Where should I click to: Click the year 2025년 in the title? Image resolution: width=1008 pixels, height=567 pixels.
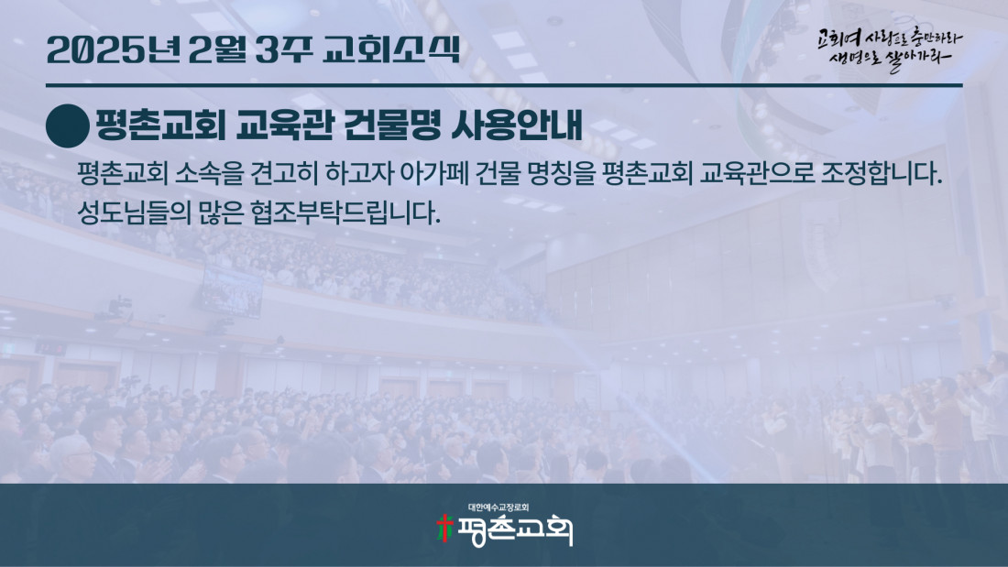pyautogui.click(x=113, y=49)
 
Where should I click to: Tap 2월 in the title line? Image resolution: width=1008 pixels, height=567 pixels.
pyautogui.click(x=217, y=49)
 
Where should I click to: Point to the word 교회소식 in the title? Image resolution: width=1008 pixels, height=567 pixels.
pyautogui.click(x=391, y=49)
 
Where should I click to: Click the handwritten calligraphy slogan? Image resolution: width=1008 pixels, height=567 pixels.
pyautogui.click(x=890, y=50)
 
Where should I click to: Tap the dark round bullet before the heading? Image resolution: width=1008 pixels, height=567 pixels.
pyautogui.click(x=68, y=126)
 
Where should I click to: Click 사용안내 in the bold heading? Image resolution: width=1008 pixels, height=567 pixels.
pyautogui.click(x=517, y=125)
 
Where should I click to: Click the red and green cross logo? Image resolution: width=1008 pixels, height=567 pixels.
pyautogui.click(x=444, y=529)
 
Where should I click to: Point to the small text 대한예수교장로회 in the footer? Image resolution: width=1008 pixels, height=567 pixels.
pyautogui.click(x=499, y=507)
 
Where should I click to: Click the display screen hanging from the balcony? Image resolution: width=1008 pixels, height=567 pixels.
pyautogui.click(x=232, y=291)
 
